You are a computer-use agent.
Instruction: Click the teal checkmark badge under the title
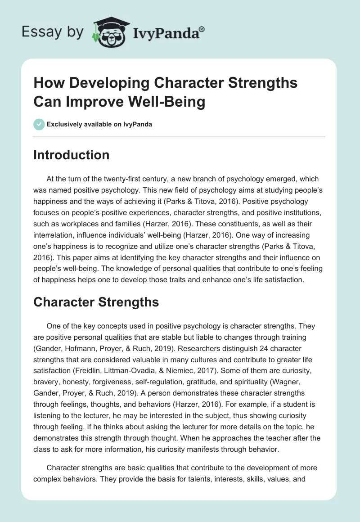(39, 124)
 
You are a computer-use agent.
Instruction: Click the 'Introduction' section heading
(71, 155)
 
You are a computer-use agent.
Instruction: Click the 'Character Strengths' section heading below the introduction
(96, 302)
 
